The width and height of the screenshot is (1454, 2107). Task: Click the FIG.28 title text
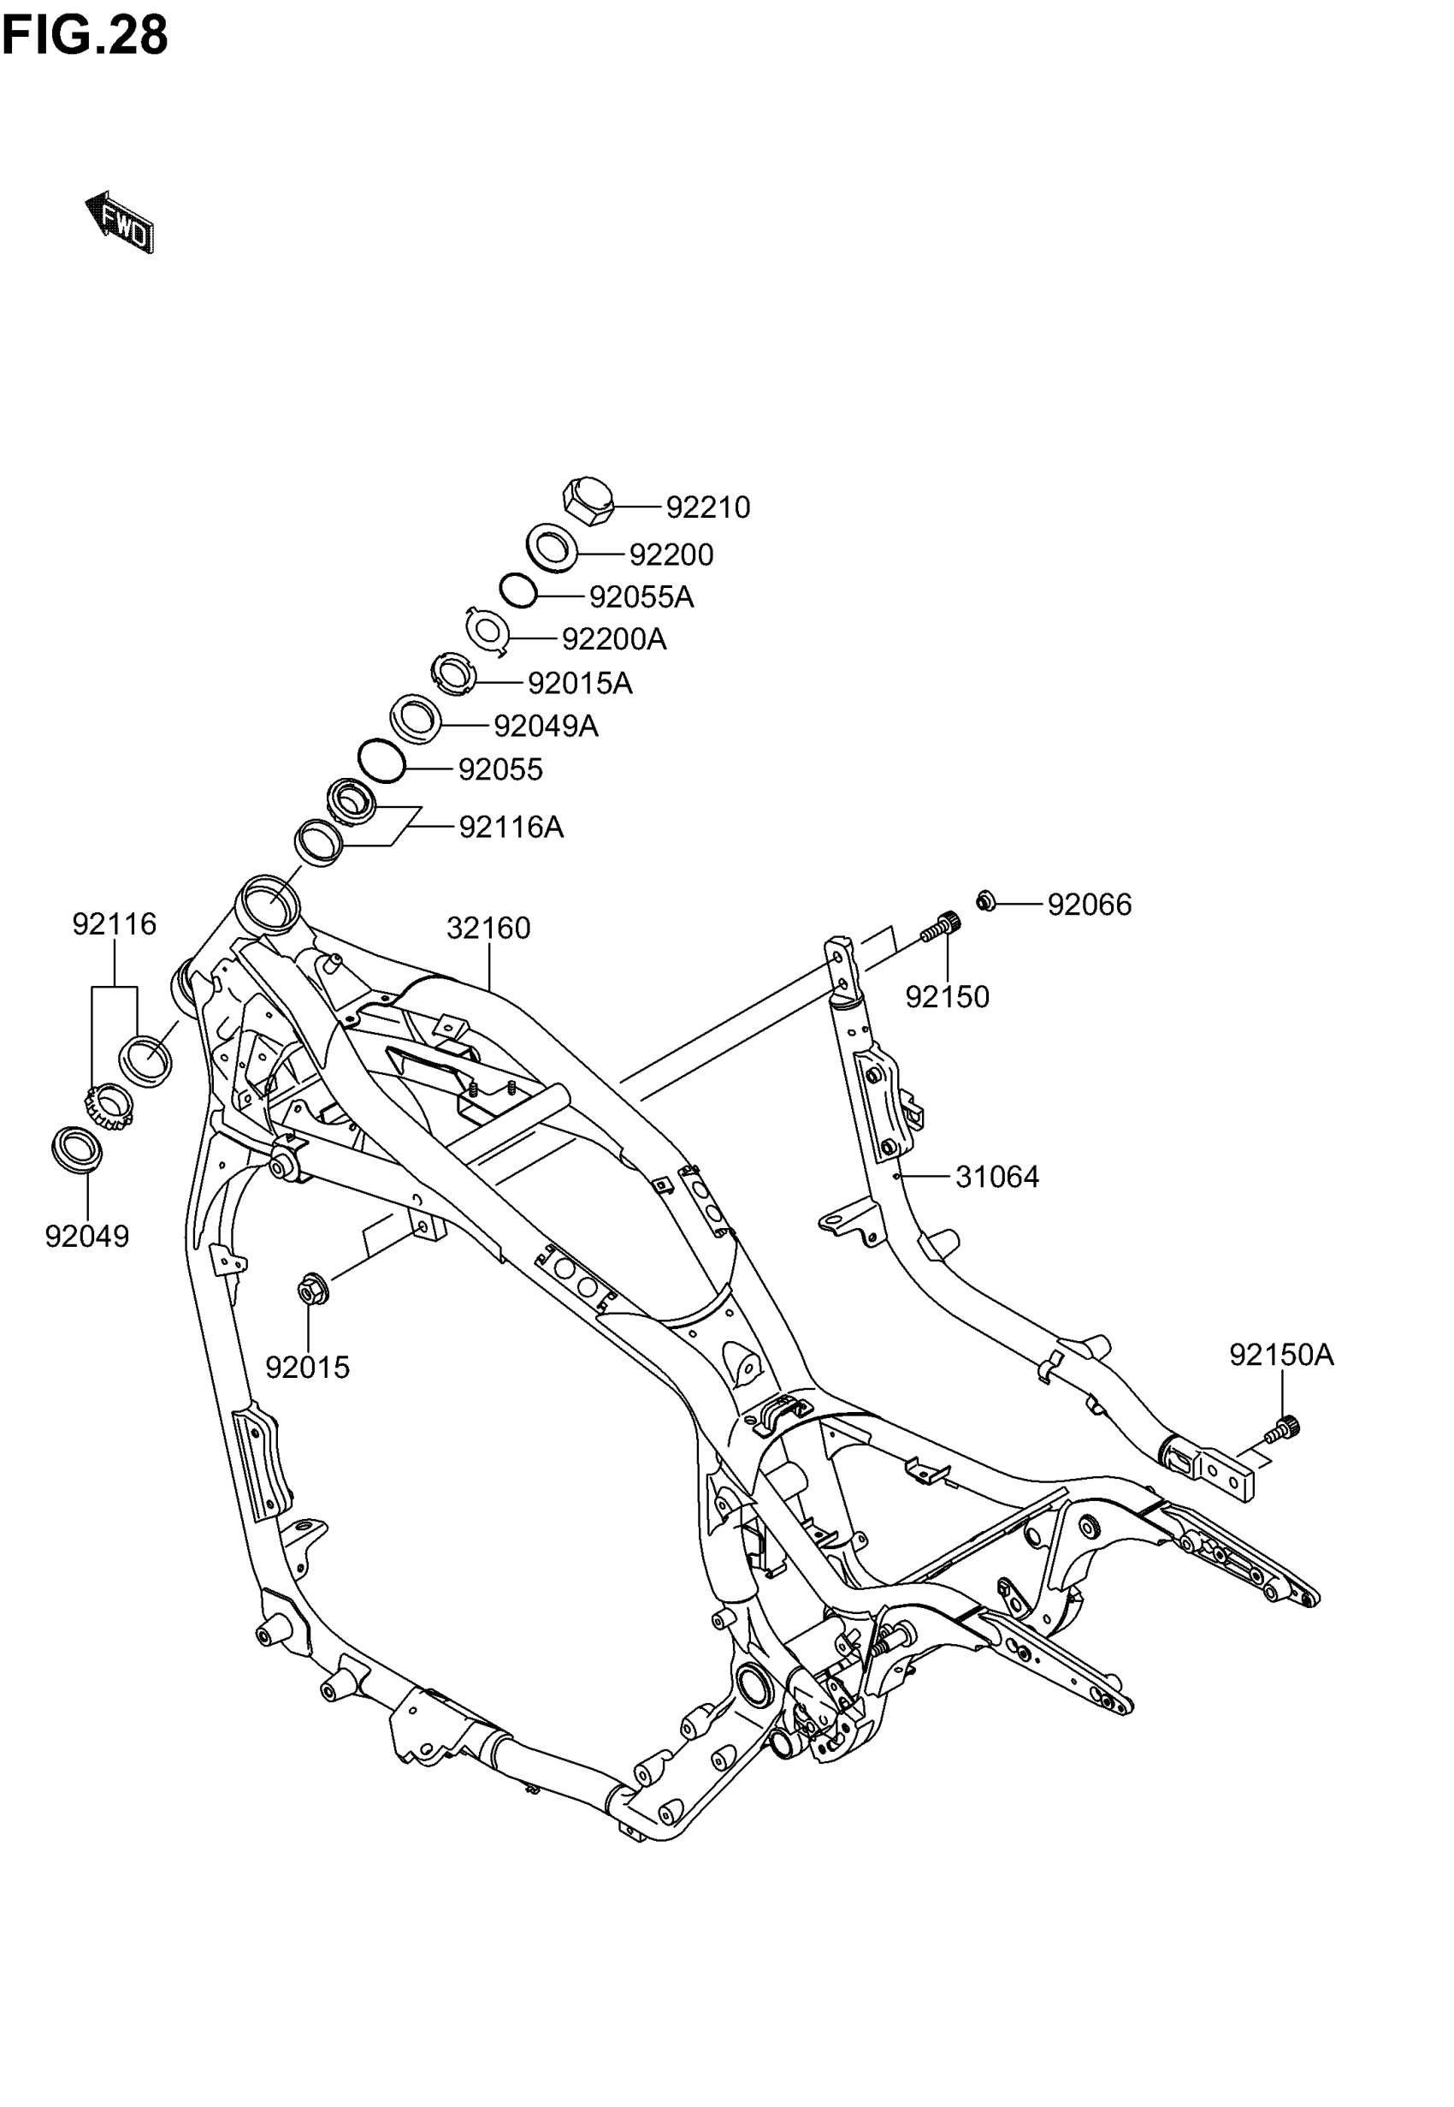pos(85,37)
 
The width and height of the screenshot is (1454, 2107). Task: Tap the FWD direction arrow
pos(120,222)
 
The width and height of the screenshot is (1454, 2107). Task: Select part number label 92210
pos(707,507)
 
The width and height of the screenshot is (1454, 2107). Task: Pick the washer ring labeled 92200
pos(552,548)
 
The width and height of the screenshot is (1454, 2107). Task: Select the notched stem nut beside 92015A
pos(452,675)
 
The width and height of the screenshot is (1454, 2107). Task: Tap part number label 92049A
pos(546,727)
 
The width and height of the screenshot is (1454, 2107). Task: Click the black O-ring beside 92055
pos(381,761)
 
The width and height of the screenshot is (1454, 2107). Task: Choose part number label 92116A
pos(511,828)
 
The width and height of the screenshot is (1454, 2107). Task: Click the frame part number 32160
pos(488,928)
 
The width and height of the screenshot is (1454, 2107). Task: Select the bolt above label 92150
pos(941,929)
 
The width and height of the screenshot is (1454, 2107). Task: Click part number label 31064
pos(996,1178)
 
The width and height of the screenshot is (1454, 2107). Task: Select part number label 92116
pos(115,924)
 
